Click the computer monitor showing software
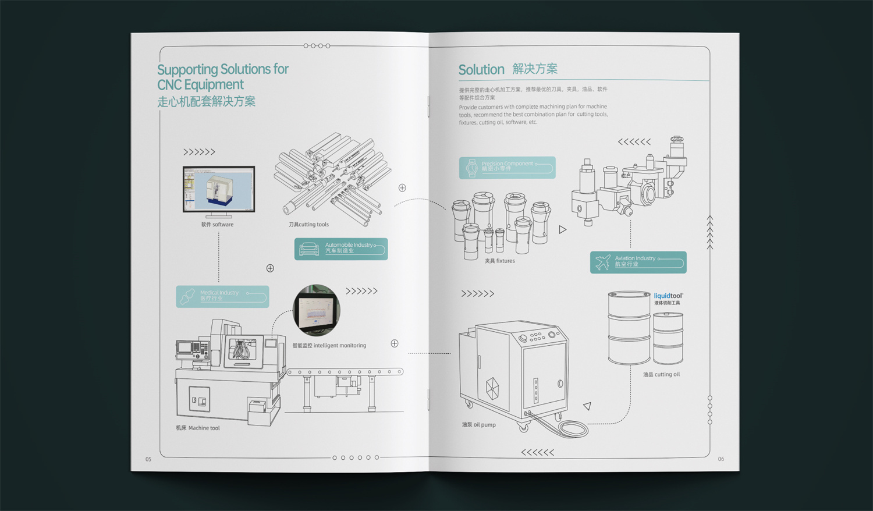point(219,189)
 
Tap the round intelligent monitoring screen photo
point(316,310)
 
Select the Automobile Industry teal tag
point(341,249)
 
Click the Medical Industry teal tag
point(222,296)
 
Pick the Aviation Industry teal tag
point(638,262)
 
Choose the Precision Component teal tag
point(507,168)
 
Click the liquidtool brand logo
point(668,296)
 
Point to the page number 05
point(148,459)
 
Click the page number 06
point(721,459)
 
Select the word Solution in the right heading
point(481,70)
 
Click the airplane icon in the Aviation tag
point(603,262)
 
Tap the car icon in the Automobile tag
point(309,250)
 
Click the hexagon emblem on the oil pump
point(492,388)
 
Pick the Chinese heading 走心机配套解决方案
point(206,102)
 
